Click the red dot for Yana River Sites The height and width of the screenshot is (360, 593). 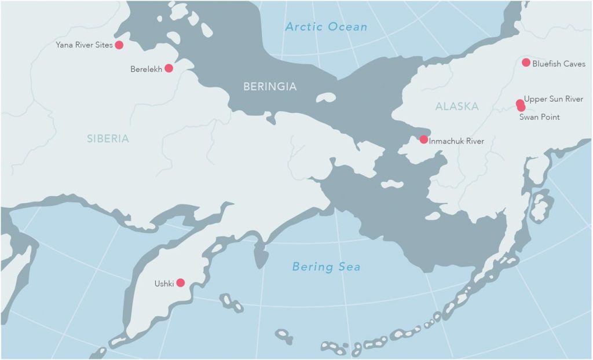[x=119, y=45]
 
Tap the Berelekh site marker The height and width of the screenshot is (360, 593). [x=169, y=68]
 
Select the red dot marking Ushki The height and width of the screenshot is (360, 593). [x=180, y=283]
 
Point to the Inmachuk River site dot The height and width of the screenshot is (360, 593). [x=424, y=139]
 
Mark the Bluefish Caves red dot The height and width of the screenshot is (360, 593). [x=526, y=63]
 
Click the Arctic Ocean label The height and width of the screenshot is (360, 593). [x=327, y=27]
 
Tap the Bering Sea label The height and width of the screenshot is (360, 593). [x=326, y=267]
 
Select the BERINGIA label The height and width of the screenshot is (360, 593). [x=270, y=87]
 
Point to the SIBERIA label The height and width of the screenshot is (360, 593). [x=108, y=138]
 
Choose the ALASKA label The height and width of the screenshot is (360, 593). [x=457, y=106]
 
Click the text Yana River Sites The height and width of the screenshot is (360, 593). [x=84, y=45]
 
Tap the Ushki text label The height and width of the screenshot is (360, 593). [x=164, y=284]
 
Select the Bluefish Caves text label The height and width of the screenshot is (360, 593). [x=559, y=64]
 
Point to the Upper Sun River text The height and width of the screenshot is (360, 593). [x=553, y=100]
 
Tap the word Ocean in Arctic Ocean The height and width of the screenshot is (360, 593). [x=347, y=27]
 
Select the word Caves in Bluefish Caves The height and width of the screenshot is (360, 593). [x=574, y=64]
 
